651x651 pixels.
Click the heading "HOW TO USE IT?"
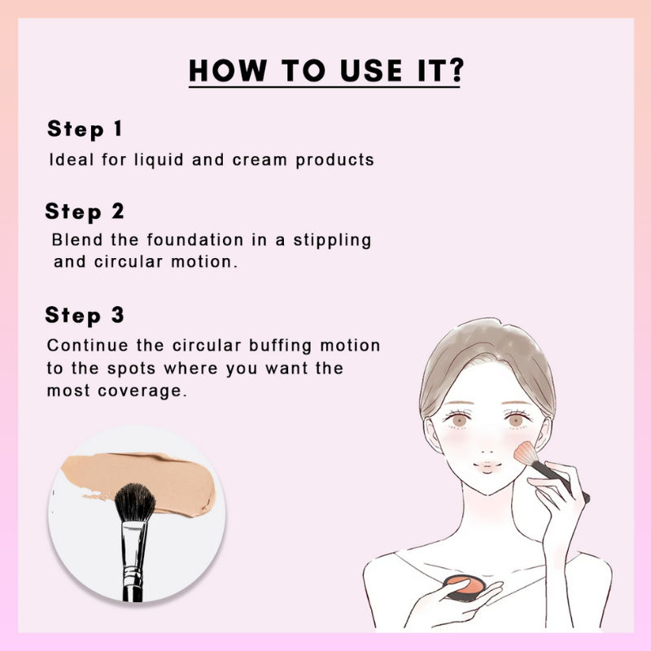pos(325,72)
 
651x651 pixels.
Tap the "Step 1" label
pos(85,129)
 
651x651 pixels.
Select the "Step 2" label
pos(85,212)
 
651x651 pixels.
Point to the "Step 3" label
pos(85,315)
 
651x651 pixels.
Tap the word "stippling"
pos(334,241)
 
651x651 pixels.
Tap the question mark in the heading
pos(453,72)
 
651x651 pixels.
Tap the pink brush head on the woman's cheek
pos(525,455)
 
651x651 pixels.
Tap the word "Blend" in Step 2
pos(74,241)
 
